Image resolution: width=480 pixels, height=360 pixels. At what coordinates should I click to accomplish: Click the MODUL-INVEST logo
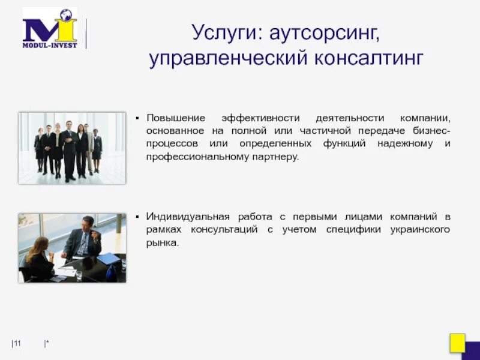50,29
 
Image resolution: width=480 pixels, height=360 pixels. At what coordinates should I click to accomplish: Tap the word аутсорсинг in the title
325,32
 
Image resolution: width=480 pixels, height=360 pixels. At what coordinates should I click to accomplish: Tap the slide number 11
17,343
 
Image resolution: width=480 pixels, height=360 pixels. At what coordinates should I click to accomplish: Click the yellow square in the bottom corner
458,343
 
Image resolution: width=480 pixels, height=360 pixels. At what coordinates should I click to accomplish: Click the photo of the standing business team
72,148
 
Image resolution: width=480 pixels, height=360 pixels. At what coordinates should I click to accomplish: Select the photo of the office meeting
72,248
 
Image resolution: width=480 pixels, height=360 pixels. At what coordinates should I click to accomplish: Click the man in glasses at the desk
84,237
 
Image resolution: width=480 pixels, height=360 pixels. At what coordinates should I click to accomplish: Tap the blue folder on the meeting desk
109,258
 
